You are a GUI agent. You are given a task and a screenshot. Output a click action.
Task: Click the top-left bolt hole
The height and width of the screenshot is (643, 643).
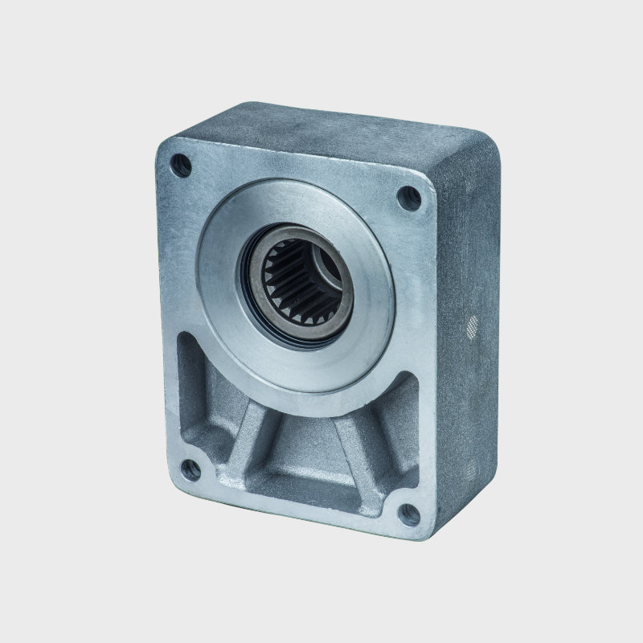click(x=182, y=166)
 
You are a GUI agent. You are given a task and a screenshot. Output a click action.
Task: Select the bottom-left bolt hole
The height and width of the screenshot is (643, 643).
click(x=190, y=470)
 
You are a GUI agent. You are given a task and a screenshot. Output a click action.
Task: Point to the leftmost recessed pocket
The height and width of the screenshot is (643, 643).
click(x=193, y=386)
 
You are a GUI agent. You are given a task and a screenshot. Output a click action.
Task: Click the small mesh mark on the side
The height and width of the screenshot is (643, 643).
click(x=473, y=326)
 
